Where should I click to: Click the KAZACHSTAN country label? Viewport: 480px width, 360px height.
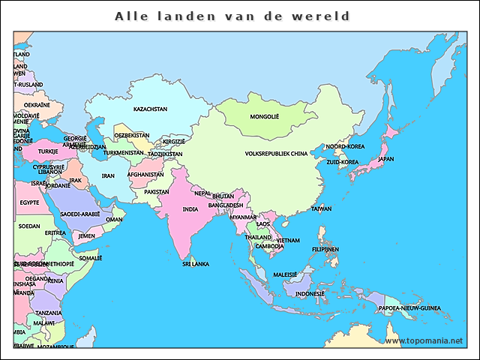click(150, 109)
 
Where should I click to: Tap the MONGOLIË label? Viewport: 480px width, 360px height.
click(264, 117)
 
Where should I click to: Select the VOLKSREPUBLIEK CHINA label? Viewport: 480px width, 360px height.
click(276, 154)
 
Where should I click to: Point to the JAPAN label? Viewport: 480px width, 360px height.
click(385, 159)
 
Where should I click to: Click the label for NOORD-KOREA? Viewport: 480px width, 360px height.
click(344, 147)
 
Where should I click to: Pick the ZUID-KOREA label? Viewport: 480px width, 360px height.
click(343, 162)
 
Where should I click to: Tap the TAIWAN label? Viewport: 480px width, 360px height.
click(321, 208)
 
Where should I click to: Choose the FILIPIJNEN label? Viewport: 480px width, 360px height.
click(325, 249)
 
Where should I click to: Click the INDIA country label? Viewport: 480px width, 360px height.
click(190, 210)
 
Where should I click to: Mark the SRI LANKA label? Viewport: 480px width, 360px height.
click(196, 264)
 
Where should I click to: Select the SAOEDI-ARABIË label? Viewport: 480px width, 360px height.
click(80, 214)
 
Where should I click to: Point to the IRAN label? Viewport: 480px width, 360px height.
click(108, 176)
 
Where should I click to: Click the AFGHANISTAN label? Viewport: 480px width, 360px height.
click(145, 175)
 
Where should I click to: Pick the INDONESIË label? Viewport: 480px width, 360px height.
click(310, 294)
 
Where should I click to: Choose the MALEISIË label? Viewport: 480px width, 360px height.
click(285, 274)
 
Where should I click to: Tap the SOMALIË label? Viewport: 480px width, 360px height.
click(90, 258)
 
